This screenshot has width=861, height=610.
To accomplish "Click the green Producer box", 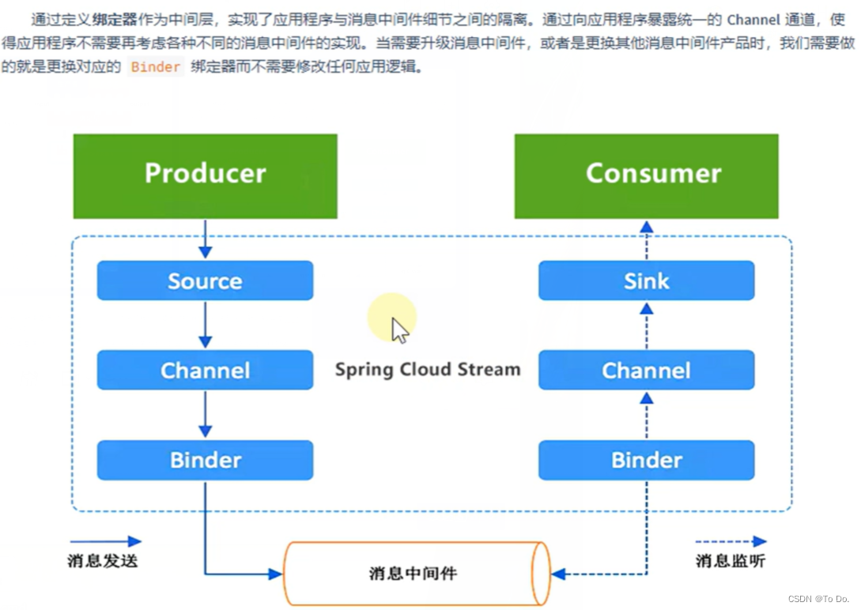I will tap(205, 175).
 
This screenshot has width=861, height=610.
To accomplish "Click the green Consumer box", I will tap(646, 175).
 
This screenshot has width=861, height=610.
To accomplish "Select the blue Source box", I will tap(205, 281).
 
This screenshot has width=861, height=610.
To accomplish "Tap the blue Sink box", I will tap(646, 281).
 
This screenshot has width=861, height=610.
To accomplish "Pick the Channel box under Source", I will tap(205, 371).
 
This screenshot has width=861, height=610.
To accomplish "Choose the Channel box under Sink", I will tap(646, 371).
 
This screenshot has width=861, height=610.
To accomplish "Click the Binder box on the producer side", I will tap(205, 460).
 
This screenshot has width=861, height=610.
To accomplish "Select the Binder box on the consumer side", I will tap(646, 460).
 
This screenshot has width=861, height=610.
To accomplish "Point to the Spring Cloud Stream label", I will tap(427, 369).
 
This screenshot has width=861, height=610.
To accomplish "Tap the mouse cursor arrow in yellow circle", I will tap(400, 329).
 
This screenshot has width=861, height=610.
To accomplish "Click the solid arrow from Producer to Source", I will tap(205, 239).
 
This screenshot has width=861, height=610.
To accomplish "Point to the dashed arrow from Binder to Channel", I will tap(646, 415).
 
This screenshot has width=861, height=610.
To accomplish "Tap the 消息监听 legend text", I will tap(730, 561).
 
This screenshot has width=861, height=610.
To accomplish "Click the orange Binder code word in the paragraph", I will tap(156, 67).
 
